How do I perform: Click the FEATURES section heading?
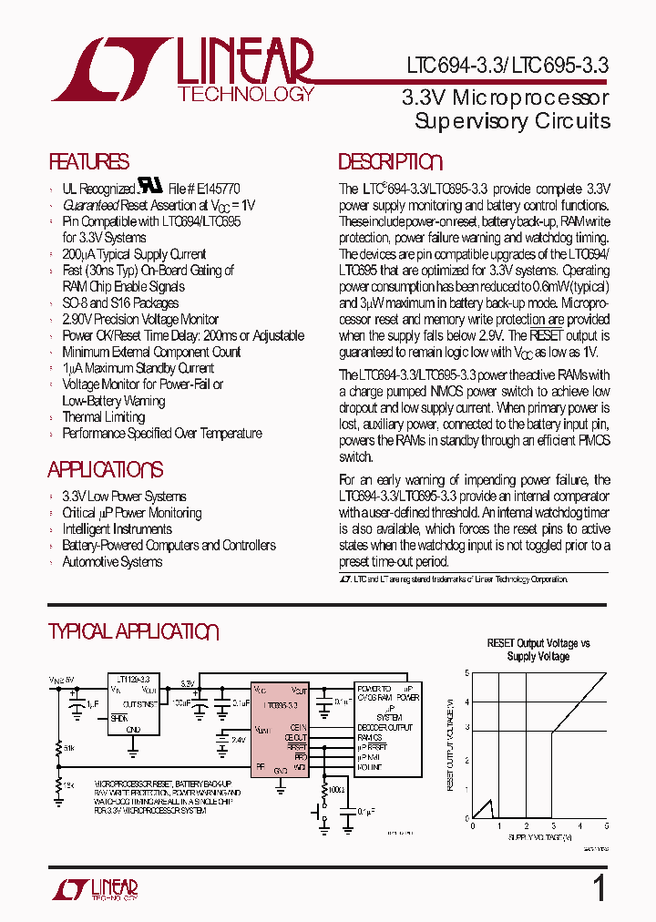pos(88,162)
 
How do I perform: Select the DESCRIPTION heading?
pos(390,162)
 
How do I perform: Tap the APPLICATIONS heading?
pos(106,470)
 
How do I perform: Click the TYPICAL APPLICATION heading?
pos(133,632)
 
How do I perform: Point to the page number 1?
pos(599,888)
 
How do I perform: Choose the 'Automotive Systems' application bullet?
pos(112,562)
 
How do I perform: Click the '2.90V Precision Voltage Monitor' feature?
pos(140,320)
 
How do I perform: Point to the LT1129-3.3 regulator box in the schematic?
pos(134,702)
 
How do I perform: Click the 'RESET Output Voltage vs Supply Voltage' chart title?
pos(538,650)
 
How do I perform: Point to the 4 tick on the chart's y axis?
pos(466,702)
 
